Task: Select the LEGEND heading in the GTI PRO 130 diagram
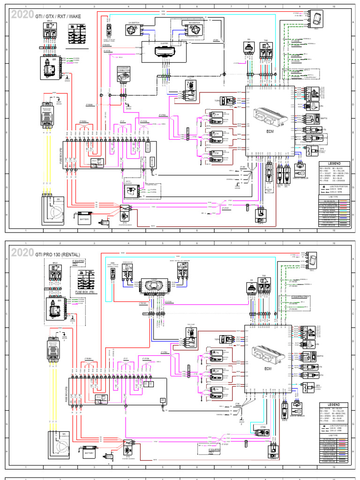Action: (x=334, y=405)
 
